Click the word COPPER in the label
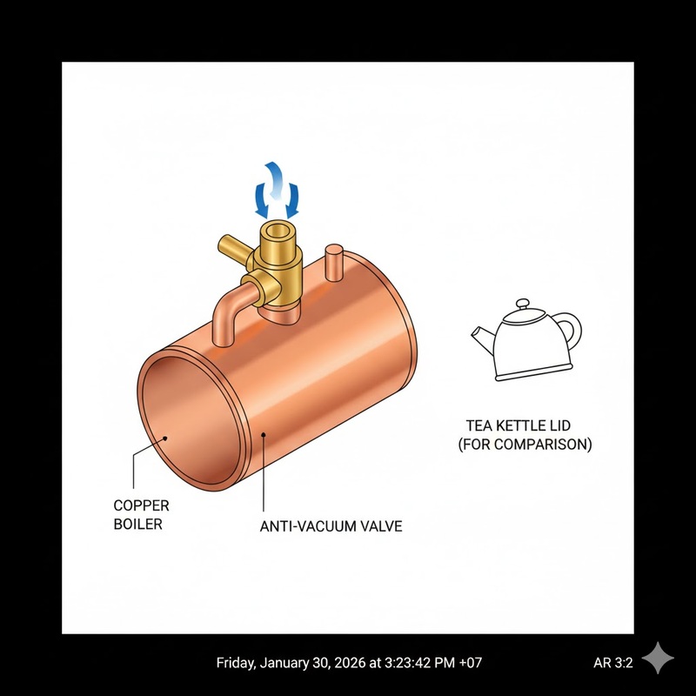point(141,505)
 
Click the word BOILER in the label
point(138,525)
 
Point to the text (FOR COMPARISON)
point(525,445)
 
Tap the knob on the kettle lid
point(523,304)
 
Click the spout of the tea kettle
point(482,338)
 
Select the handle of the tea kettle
point(573,330)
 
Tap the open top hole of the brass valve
point(278,231)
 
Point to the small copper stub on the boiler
point(334,263)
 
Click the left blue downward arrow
point(261,201)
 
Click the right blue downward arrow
point(292,201)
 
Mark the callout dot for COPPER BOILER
point(165,438)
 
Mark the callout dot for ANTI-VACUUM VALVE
point(264,435)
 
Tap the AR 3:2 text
point(613,663)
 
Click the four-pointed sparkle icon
point(658,658)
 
